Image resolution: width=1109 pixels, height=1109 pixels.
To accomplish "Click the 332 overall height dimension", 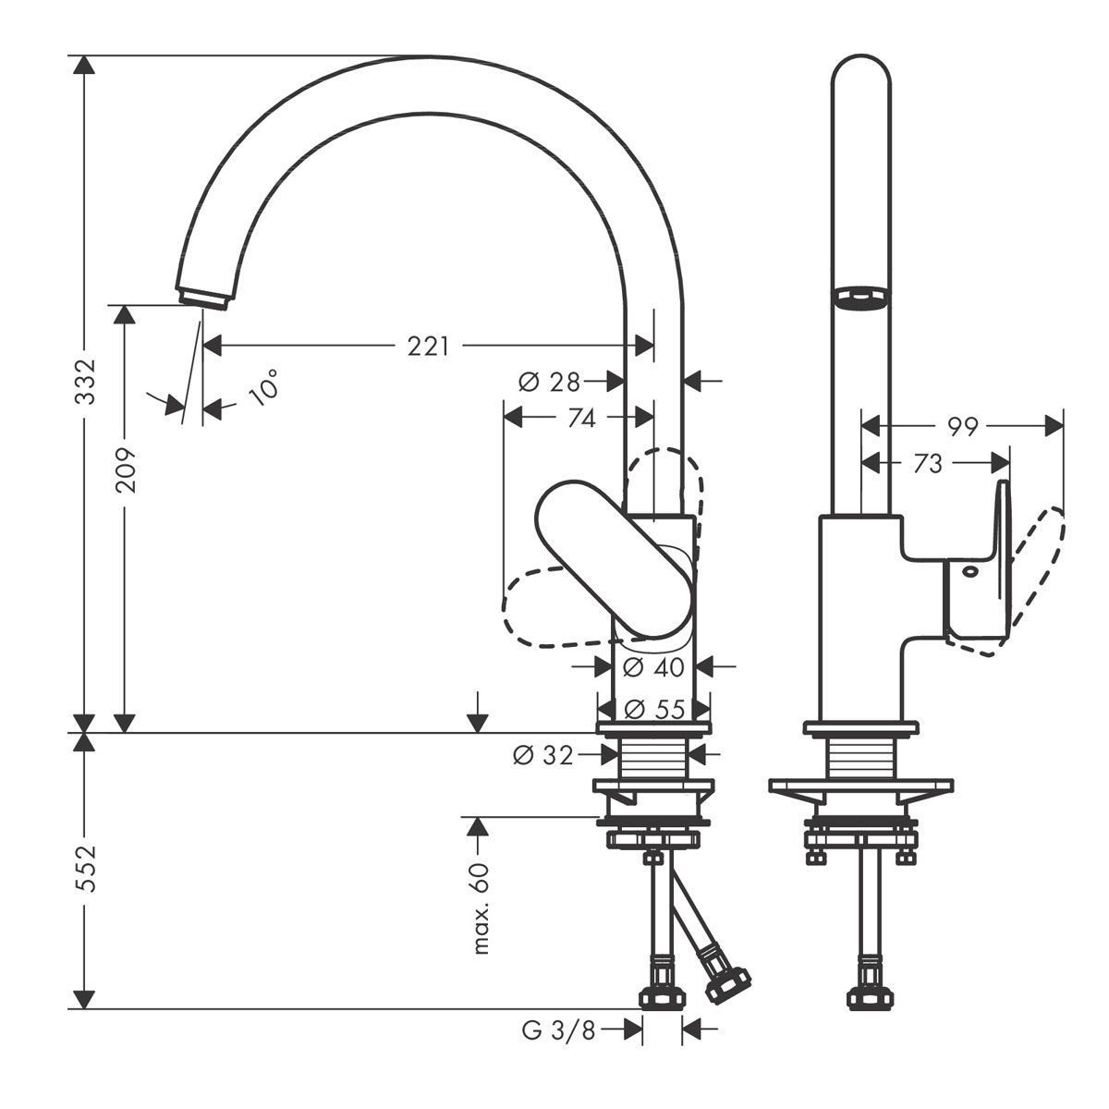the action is click(x=86, y=382).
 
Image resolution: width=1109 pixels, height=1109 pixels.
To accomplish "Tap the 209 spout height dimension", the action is click(x=126, y=470).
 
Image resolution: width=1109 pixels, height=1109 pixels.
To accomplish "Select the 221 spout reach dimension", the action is click(x=428, y=347).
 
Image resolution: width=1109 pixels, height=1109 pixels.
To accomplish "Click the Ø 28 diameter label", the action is click(x=549, y=382).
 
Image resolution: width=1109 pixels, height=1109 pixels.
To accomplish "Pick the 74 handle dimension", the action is click(x=581, y=419).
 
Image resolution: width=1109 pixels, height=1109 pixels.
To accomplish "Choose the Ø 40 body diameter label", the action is click(x=653, y=667).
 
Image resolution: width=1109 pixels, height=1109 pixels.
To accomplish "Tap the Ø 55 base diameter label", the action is click(x=654, y=710).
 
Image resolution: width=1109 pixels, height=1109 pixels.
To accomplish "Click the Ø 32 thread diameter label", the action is click(x=543, y=755).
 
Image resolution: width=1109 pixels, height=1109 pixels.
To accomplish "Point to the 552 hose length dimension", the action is click(x=86, y=869).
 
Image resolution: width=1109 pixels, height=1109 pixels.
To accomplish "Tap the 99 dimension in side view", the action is click(x=963, y=426).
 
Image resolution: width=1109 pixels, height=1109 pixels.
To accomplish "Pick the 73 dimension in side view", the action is click(x=928, y=463).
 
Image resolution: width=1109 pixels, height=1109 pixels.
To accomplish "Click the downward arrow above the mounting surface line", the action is click(x=477, y=712).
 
